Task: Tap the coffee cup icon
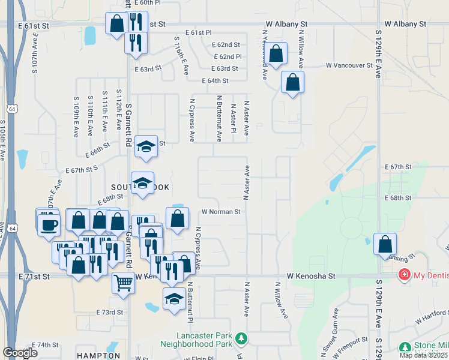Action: pos(49,225)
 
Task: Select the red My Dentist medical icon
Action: pos(405,275)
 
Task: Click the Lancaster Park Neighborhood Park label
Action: pos(196,340)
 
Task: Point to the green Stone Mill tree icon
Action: pos(405,347)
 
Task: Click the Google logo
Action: pos(20,353)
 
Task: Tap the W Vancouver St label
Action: pos(349,65)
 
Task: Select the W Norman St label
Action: pos(221,212)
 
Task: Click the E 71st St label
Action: pos(34,275)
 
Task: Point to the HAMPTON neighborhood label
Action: pos(95,356)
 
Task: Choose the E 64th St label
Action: pos(215,80)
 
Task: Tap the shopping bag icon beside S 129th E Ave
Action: pos(385,244)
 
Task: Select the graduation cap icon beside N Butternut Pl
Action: pos(174,298)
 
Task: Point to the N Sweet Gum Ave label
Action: pos(336,326)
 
